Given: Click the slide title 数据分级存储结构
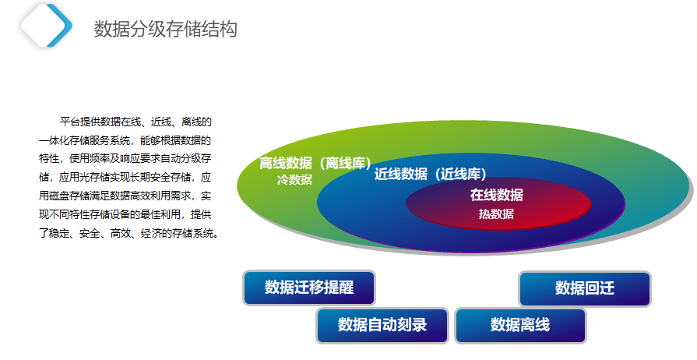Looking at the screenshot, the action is [165, 29].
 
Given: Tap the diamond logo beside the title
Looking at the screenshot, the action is [46, 26].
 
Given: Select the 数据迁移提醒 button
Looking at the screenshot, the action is [309, 288].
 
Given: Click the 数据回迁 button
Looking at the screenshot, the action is [585, 288].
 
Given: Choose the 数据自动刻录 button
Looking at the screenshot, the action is [382, 325].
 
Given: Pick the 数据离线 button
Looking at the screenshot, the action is [520, 325].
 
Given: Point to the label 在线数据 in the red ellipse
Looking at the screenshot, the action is [497, 195].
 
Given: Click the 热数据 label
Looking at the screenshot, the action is [496, 214].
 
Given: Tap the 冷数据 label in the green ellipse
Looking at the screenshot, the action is [294, 180].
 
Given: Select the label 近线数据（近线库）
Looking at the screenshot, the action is [431, 174].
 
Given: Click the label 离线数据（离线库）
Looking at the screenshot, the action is [315, 164].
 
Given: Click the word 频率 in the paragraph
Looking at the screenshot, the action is [100, 159].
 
